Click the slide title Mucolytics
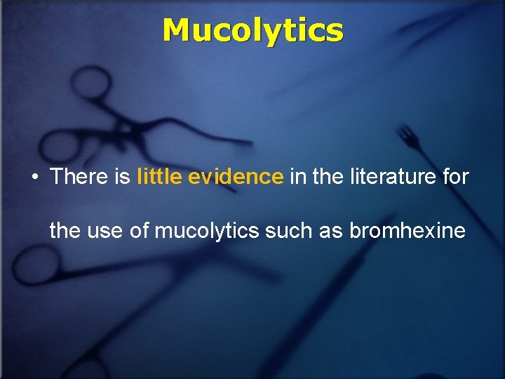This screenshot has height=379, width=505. pyautogui.click(x=252, y=30)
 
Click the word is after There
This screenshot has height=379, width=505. pyautogui.click(x=122, y=177)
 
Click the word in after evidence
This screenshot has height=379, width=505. pyautogui.click(x=297, y=177)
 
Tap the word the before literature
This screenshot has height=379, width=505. pyautogui.click(x=327, y=177)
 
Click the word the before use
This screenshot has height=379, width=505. pyautogui.click(x=65, y=230)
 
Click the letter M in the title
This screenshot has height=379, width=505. pyautogui.click(x=177, y=30)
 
